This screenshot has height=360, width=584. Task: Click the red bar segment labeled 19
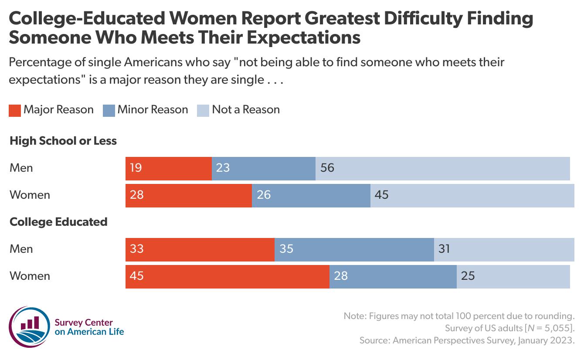[x=168, y=168]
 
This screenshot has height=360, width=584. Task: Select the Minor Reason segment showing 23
[x=263, y=168]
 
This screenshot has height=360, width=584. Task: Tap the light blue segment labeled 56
[x=442, y=168]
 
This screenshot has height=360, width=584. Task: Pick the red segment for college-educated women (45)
[x=227, y=276]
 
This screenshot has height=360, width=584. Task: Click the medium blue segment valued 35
[x=354, y=249]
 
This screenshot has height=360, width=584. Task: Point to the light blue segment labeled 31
[x=504, y=249]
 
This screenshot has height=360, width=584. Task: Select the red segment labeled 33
[x=200, y=249]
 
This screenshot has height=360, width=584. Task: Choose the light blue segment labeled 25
[x=513, y=276]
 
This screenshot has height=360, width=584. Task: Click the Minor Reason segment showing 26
[x=311, y=195]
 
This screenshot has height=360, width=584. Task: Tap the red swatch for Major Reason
[x=14, y=110]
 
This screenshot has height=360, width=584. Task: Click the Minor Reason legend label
[x=153, y=110]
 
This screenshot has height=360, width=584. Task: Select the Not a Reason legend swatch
[x=203, y=110]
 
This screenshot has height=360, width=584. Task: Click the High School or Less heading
[x=63, y=141]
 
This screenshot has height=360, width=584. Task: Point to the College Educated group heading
[x=58, y=222]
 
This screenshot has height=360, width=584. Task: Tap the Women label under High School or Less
[x=30, y=195]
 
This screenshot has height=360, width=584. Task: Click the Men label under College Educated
[x=21, y=249]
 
